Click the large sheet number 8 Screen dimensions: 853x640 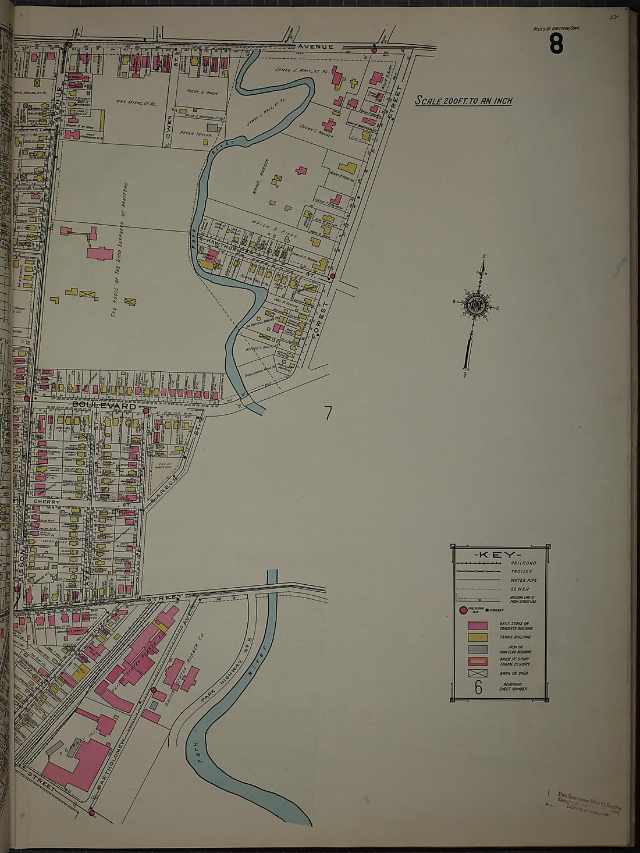point(556,44)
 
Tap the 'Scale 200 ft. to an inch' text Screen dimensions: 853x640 point(464,101)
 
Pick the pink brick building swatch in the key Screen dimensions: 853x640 point(477,626)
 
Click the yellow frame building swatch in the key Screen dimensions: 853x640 point(477,638)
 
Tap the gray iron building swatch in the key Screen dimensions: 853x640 point(477,649)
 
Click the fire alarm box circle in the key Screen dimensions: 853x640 point(464,610)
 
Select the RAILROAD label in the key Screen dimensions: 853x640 point(523,563)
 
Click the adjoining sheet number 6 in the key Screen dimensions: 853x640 point(478,688)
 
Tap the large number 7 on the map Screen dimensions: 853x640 point(328,413)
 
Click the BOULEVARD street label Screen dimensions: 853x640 point(104,405)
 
